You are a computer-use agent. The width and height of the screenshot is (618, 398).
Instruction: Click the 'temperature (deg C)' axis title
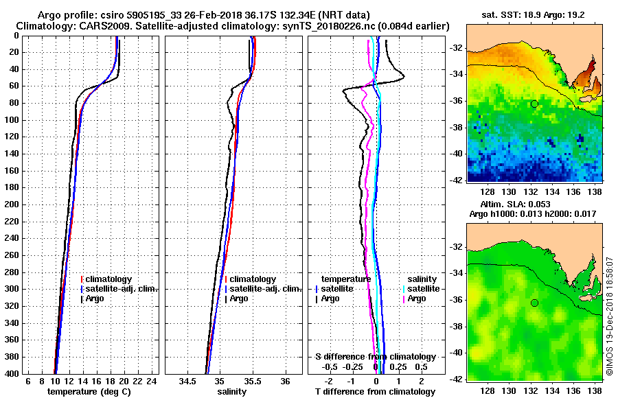coord(89,391)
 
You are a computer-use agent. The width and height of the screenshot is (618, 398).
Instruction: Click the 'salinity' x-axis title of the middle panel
coord(232,391)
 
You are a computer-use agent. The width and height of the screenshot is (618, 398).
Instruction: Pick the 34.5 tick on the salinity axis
coord(189,381)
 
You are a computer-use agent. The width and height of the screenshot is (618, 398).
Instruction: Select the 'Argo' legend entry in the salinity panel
coord(239,298)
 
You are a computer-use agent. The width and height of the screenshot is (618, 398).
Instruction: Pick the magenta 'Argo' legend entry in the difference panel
coord(417,298)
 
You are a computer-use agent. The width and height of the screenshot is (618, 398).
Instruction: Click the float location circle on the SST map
coord(534,104)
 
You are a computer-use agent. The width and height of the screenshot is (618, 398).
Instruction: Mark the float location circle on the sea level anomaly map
coord(534,303)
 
